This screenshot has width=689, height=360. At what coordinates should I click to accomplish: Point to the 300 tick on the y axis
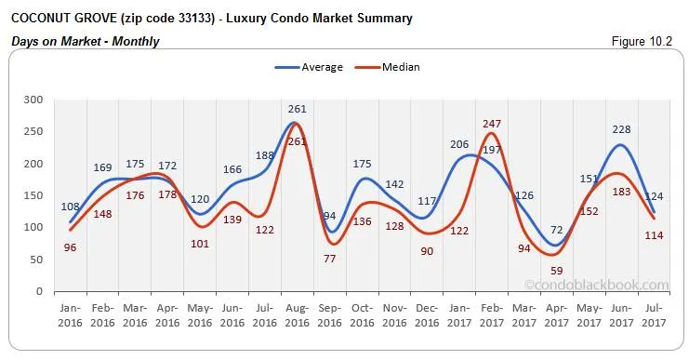[34, 100]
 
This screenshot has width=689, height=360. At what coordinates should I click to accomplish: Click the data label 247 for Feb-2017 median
[493, 124]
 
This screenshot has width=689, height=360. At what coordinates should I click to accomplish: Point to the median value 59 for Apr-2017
[557, 271]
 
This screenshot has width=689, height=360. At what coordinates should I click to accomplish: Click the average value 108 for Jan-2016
[71, 206]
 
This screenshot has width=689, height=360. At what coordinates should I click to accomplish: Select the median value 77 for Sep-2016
[329, 260]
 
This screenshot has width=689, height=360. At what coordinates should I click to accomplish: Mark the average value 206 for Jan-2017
[459, 144]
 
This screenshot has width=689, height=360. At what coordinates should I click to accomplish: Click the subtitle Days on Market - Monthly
[86, 41]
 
